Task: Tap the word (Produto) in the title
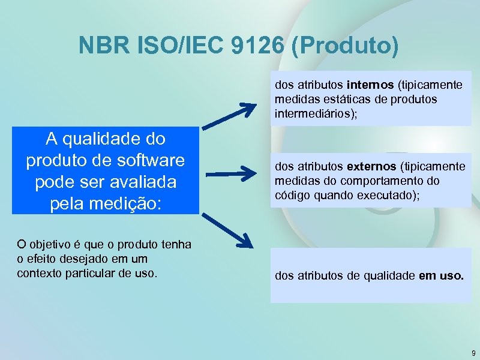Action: click(x=344, y=46)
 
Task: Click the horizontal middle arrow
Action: click(x=230, y=175)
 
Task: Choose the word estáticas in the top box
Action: click(x=349, y=99)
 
